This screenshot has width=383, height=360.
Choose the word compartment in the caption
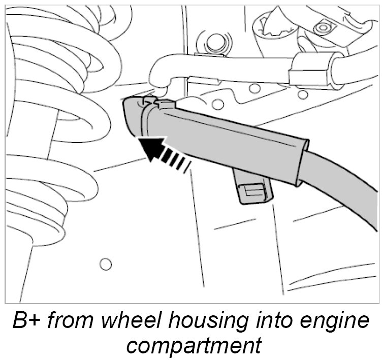click(x=194, y=346)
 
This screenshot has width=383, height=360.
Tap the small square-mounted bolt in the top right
click(x=321, y=26)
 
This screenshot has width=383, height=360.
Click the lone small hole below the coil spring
click(x=106, y=264)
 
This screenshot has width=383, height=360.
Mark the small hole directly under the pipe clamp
click(x=303, y=94)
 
